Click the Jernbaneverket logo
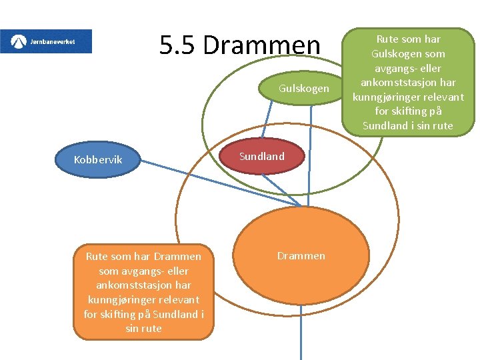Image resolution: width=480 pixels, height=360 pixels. [x=46, y=41]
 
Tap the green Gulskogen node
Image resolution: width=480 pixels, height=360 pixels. [x=303, y=89]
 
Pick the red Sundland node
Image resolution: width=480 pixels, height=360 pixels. [x=262, y=157]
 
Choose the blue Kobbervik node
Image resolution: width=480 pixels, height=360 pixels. [x=98, y=160]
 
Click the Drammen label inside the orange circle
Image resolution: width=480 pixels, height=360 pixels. [x=301, y=256]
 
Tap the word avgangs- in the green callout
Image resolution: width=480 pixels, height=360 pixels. [x=393, y=68]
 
